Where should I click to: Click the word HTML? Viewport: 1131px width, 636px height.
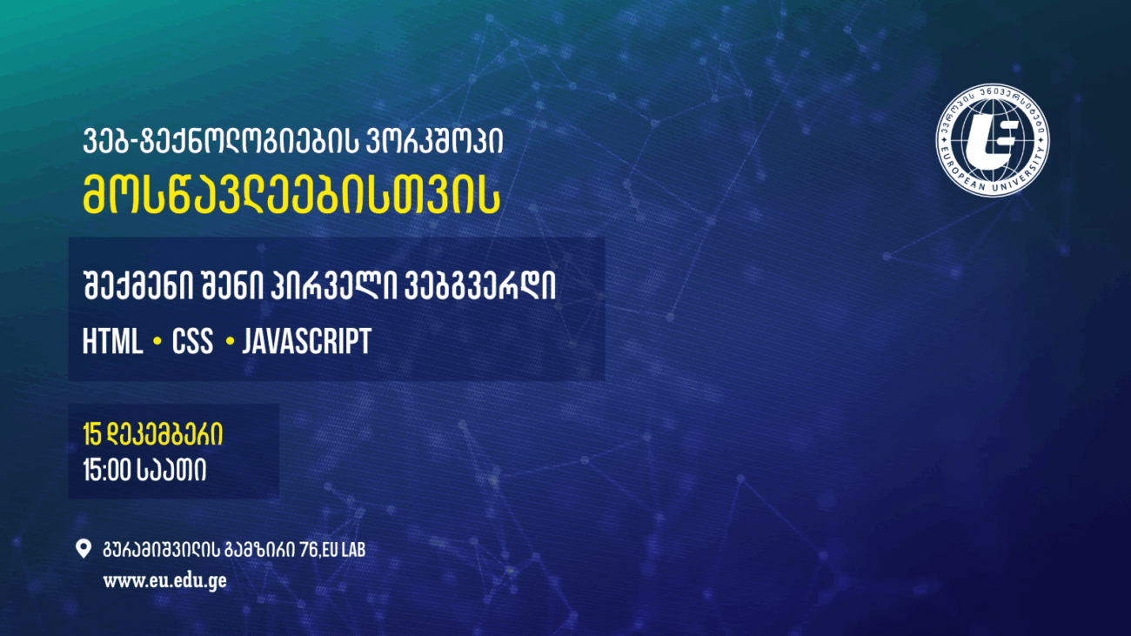coord(112,342)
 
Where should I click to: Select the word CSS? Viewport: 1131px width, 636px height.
coord(192,342)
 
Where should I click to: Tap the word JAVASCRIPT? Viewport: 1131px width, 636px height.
coord(306,342)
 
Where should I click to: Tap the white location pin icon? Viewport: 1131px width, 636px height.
coord(84,549)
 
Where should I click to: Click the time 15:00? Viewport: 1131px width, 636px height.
coord(106,471)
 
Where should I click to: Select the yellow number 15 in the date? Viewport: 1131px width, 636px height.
coord(93,434)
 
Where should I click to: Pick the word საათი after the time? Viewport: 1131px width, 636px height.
coord(171,471)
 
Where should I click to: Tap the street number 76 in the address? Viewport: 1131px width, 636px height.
coord(305,550)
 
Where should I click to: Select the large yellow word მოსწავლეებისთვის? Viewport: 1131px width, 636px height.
coord(291,196)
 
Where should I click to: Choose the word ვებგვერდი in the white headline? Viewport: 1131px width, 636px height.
coord(480,290)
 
